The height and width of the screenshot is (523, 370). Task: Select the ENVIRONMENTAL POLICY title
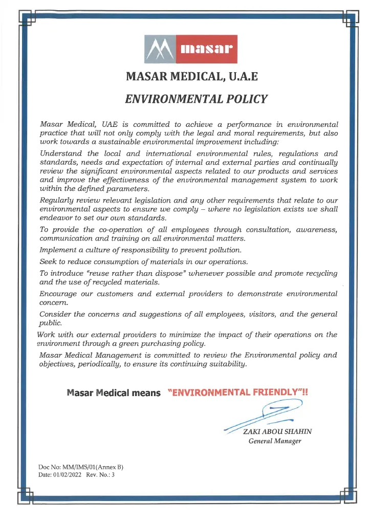[x=196, y=99]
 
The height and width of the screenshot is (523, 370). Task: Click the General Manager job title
[x=274, y=441]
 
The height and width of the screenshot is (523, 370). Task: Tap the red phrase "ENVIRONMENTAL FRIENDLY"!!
[x=238, y=393]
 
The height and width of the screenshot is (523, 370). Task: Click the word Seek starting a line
[x=49, y=261]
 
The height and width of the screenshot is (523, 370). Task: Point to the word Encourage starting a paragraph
[x=60, y=294]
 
